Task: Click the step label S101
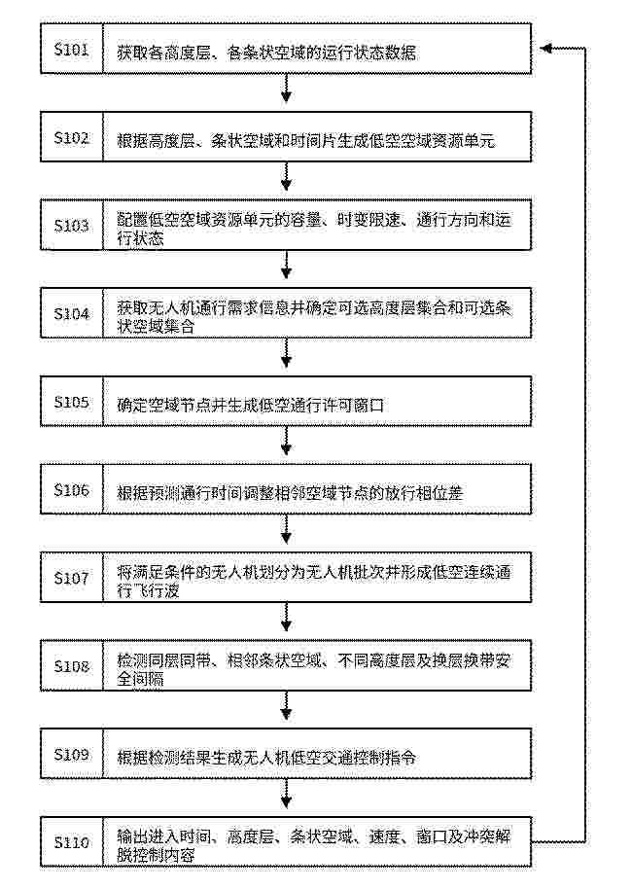(x=71, y=50)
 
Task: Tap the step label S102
(x=71, y=138)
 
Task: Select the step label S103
(x=71, y=226)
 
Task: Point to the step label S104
(x=71, y=313)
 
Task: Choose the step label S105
(x=71, y=402)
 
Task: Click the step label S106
(x=71, y=490)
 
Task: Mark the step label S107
(x=71, y=579)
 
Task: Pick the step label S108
(x=71, y=666)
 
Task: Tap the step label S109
(x=71, y=755)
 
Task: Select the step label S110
(x=71, y=842)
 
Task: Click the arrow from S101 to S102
(x=286, y=89)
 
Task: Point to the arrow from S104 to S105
(x=286, y=353)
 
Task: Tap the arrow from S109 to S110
(x=286, y=793)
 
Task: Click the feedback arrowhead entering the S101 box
(x=544, y=49)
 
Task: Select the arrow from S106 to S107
(x=286, y=529)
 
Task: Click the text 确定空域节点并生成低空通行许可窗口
(x=251, y=405)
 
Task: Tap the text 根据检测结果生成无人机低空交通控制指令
(x=266, y=758)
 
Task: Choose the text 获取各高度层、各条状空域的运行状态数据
(x=266, y=53)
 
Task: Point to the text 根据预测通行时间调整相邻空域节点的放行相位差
(x=290, y=493)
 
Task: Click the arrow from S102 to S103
(x=286, y=176)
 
